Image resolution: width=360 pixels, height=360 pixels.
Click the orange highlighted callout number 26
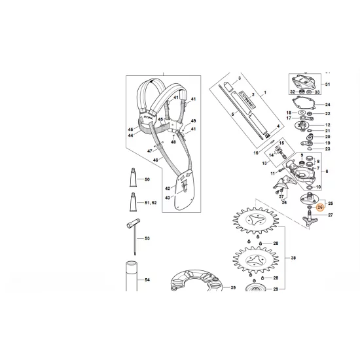click(320, 207)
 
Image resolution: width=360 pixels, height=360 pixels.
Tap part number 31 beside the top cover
click(329, 85)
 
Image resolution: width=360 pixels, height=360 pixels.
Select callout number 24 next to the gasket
click(329, 105)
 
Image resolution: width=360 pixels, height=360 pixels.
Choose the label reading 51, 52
click(150, 203)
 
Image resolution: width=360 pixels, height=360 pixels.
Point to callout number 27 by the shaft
click(330, 215)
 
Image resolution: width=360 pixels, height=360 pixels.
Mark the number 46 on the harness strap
click(156, 159)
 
